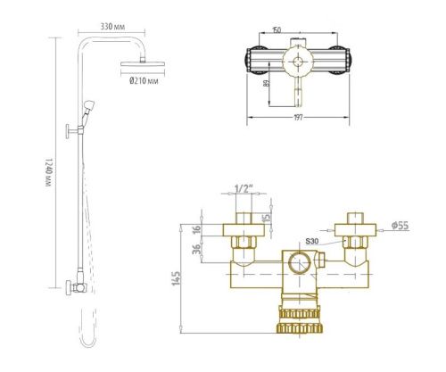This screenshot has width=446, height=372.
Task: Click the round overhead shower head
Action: (139, 65)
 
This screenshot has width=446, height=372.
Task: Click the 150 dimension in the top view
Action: (277, 30)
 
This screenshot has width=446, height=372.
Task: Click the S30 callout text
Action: (313, 241)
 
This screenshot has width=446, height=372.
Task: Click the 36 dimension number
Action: (197, 250)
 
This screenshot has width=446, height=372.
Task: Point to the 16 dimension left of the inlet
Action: (197, 229)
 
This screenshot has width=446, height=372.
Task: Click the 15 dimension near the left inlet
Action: (266, 218)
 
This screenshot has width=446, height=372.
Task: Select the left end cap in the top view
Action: (252, 60)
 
